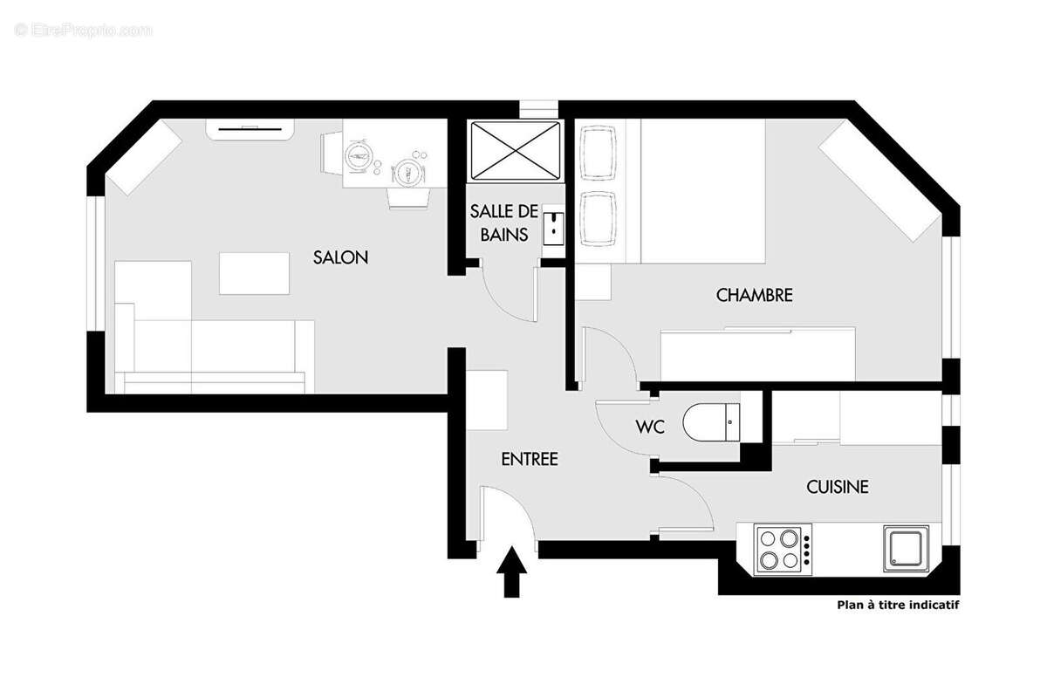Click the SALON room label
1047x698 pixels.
(340, 257)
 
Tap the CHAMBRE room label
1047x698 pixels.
(754, 295)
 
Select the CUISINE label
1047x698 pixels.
(837, 487)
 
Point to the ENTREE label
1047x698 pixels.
(529, 459)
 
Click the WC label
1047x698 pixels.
(651, 428)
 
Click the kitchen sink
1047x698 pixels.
(906, 548)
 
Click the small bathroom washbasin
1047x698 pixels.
(553, 227)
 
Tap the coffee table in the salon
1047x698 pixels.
(254, 273)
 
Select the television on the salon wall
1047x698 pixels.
(250, 130)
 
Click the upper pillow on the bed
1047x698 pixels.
(599, 154)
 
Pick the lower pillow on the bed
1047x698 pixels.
(599, 218)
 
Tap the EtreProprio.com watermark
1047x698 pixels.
(84, 31)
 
